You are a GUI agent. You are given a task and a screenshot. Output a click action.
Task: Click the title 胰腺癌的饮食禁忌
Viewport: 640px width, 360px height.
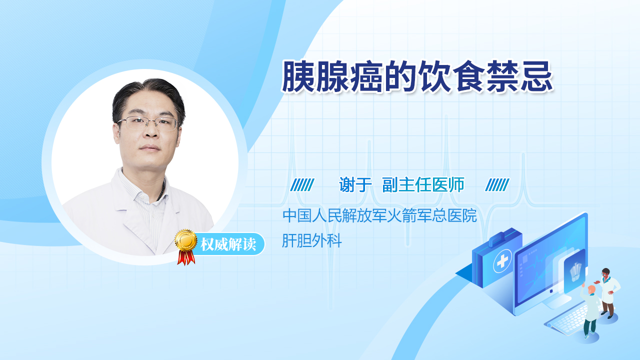click(417, 76)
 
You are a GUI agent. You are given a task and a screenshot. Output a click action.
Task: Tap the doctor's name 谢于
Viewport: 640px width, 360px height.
click(355, 184)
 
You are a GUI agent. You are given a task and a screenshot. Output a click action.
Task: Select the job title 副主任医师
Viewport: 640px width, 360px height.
click(423, 184)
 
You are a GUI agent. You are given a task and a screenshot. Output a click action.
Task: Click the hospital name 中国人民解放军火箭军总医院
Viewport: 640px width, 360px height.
click(379, 215)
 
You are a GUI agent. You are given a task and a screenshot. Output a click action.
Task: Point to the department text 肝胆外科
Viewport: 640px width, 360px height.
click(311, 240)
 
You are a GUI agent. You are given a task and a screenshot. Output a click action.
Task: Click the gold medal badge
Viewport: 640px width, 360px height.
click(186, 240)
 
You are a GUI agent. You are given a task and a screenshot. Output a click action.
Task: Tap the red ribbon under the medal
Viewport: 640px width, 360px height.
click(186, 257)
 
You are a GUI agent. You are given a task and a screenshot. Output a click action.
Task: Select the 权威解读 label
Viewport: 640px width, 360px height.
click(228, 244)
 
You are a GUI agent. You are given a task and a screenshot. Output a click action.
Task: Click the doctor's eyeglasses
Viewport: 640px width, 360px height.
click(147, 123)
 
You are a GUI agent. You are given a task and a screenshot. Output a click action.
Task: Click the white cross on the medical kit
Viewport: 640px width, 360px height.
click(502, 260)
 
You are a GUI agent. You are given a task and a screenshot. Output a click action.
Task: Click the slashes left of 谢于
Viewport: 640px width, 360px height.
click(302, 185)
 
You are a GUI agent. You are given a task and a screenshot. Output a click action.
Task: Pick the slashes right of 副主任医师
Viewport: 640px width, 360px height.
click(497, 185)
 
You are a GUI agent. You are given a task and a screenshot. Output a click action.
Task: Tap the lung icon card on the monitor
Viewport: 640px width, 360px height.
click(574, 270)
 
